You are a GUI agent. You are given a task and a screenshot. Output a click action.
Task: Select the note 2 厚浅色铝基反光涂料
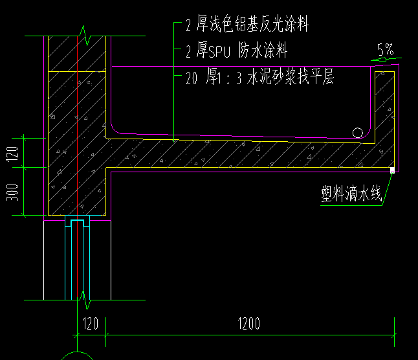(x=247, y=26)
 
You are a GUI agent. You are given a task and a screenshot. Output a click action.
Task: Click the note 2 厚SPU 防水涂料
(x=236, y=50)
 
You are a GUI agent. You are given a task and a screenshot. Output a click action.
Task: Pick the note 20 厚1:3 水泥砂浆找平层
(x=259, y=78)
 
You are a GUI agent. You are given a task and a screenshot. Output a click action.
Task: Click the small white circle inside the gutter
(x=358, y=133)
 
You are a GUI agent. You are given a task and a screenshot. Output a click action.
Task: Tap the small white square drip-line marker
(x=392, y=170)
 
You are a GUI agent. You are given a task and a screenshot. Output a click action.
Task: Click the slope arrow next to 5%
(x=387, y=60)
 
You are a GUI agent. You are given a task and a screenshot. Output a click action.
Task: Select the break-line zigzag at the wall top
(x=84, y=36)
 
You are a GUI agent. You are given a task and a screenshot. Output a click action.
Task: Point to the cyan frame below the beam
(x=77, y=259)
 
